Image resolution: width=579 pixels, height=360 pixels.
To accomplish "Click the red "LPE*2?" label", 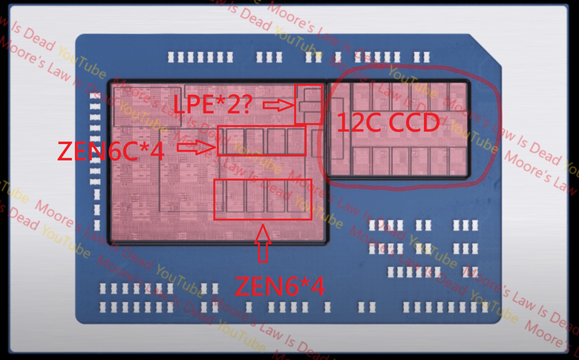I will coord(215,105).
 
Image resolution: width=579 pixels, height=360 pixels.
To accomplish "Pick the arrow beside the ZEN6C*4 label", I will coord(194,148).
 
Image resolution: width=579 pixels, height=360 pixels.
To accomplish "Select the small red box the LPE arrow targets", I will coord(309,105).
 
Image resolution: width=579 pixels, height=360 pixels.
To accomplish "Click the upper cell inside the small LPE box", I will coord(310,95).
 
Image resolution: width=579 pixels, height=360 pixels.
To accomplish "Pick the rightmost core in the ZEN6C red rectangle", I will coord(296,140).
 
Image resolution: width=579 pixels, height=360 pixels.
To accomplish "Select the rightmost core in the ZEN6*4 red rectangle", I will coord(298,199).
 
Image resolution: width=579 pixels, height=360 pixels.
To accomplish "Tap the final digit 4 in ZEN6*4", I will coord(317,286).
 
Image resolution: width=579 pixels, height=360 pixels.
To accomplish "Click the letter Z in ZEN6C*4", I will coord(66,151).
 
